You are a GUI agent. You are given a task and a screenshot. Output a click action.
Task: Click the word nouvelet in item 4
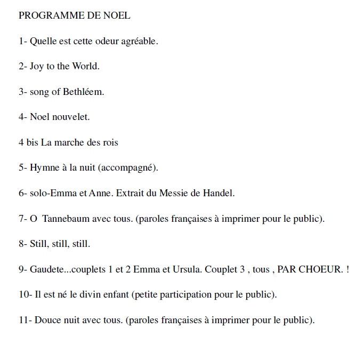coord(72,117)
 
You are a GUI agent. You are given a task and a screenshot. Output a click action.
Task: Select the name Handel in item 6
coord(219,193)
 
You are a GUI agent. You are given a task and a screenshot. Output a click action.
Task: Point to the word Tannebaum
coord(66,219)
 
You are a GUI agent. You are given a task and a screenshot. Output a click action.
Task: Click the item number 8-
coord(23,244)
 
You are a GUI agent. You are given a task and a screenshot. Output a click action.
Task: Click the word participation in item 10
coord(184,295)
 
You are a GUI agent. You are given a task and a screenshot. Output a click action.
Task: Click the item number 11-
coord(25,320)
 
